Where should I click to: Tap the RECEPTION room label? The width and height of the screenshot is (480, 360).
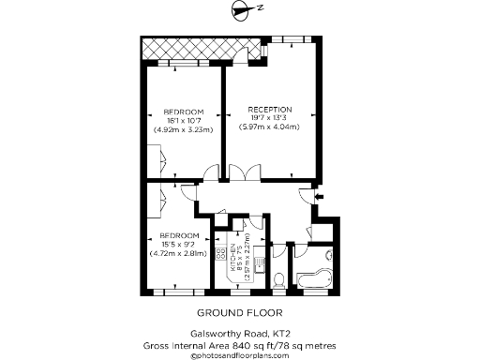270,109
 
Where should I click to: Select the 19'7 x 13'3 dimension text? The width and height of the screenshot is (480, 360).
270,117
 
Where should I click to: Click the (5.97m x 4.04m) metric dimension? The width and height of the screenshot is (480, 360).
270,127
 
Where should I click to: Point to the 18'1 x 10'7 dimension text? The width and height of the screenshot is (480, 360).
184,120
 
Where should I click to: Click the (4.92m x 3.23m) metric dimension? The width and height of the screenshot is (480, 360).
184,129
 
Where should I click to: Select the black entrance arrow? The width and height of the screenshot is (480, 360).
320,196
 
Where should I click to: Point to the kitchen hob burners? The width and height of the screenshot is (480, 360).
222,252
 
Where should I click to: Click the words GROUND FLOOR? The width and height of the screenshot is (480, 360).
239,313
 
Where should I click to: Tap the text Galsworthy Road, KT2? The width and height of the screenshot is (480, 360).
239,335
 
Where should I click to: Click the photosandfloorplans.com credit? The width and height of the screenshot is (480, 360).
239,355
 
